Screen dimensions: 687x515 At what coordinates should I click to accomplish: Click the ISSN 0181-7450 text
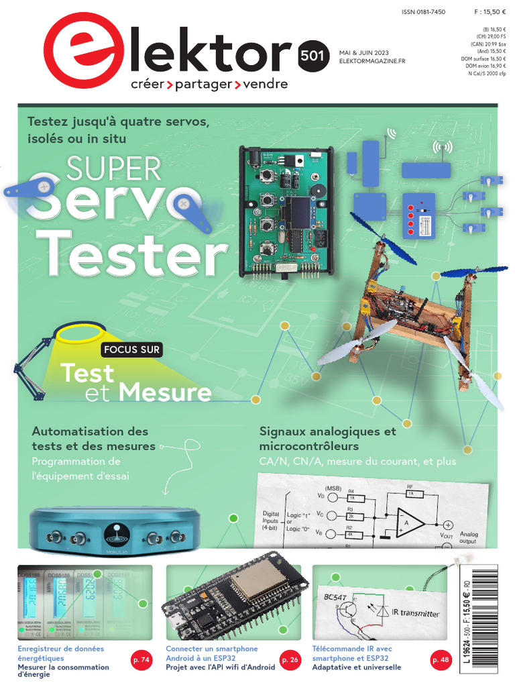423,12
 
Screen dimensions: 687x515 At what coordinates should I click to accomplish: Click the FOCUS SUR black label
131,350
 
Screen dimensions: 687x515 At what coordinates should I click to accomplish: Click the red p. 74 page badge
141,661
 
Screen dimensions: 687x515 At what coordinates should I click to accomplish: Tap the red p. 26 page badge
290,661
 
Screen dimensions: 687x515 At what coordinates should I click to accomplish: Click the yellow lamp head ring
80,332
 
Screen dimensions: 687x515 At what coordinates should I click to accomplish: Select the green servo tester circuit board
286,211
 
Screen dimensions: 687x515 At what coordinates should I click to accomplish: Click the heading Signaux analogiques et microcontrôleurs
327,439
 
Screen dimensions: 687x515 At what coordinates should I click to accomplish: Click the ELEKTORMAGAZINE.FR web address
372,61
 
